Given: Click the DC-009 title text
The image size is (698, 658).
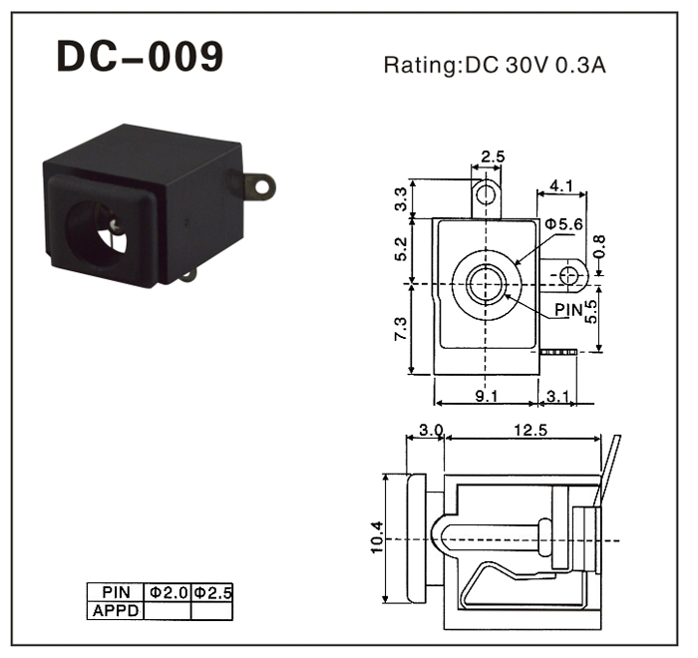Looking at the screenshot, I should coord(140,57).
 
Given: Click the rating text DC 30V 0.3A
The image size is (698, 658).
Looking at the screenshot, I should coord(496,67).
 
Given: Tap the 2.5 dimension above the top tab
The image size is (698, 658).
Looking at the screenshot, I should coord(493,157).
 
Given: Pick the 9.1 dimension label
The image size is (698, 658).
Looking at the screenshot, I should coord(488,397).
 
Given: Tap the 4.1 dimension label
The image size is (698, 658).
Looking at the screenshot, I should coord(560,184).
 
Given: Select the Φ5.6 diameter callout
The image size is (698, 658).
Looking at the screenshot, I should coord(564,224).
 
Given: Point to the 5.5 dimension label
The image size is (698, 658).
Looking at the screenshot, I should coord(591,313).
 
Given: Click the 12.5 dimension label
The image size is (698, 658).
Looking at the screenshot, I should coord(528,431).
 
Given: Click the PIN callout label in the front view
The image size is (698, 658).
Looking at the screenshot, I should coord(568,310).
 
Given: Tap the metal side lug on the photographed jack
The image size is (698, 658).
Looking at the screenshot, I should coord(260,184).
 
